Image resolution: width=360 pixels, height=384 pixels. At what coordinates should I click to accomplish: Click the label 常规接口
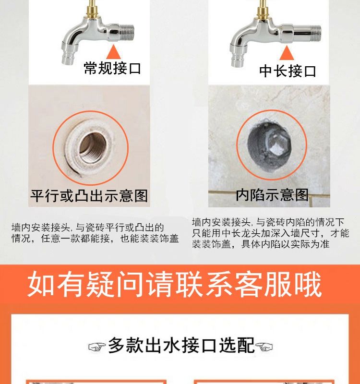[112, 68]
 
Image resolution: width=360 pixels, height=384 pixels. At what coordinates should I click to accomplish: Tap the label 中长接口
[288, 71]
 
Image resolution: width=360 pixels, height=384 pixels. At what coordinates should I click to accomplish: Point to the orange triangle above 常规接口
[113, 52]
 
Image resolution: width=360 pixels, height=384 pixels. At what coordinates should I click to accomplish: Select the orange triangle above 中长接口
[287, 53]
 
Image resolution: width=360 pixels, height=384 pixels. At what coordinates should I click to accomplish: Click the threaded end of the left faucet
[127, 33]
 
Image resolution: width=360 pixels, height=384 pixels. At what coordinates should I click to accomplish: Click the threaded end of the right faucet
[316, 34]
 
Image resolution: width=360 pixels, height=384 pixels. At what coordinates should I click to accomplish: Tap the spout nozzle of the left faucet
[67, 59]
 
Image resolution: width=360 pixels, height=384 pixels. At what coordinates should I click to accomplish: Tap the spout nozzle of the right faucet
[237, 61]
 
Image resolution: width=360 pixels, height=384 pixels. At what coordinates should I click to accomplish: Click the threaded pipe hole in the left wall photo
[93, 147]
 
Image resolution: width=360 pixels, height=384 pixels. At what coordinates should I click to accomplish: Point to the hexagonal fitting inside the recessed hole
[277, 144]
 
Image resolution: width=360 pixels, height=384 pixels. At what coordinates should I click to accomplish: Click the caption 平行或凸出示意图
[89, 196]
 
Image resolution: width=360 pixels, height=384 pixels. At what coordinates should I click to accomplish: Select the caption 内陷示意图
[272, 195]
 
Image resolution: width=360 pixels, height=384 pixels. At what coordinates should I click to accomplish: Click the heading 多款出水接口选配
[181, 345]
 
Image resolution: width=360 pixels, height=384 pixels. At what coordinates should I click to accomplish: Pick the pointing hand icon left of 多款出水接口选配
[97, 347]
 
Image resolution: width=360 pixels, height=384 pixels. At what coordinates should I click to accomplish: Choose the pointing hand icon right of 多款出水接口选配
[264, 347]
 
